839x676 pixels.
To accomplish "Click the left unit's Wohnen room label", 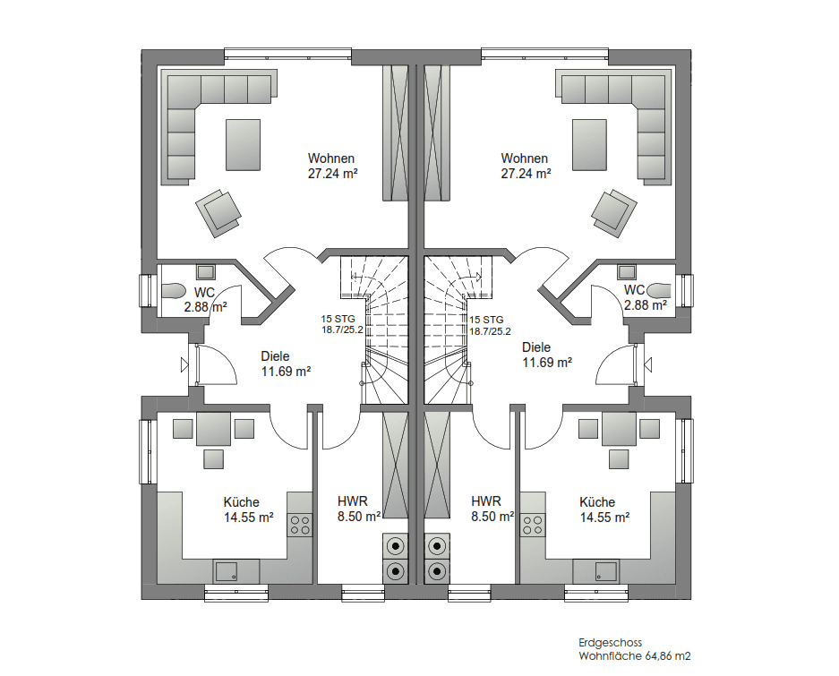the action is pos(332,166).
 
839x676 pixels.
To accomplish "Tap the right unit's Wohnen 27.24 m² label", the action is pos(526,166).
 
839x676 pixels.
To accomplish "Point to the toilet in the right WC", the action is pos(659,291).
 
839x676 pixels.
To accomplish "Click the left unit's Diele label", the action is pos(286,364).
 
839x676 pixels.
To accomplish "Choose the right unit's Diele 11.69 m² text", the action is pos(547,355).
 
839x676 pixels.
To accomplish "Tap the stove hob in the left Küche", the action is pos(300,525).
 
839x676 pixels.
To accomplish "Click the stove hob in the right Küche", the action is pos(533,525).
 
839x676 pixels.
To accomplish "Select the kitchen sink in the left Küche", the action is pos(226,571).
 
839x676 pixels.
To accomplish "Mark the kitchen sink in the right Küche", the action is pos(606,571).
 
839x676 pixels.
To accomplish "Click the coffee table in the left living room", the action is pos(243,145).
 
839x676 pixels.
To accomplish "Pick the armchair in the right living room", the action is pos(613,213).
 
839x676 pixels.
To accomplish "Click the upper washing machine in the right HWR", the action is pos(437,546).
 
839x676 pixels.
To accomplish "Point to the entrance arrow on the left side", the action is pos(184,365).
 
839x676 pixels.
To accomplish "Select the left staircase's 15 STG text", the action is pos(338,319).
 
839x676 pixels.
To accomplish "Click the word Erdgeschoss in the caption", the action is pos(610,643).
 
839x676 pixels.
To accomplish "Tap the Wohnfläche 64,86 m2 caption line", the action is pos(635,656).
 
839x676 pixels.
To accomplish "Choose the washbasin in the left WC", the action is pos(205,272).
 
